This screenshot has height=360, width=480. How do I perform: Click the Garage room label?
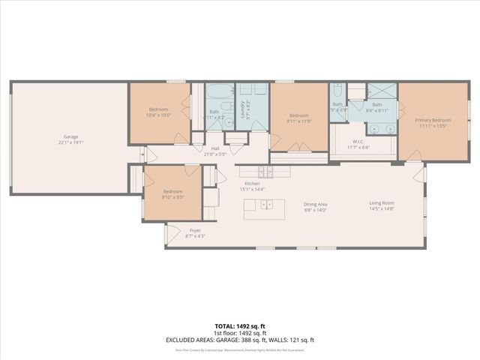[71, 136]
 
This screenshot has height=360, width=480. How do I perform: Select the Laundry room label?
[243, 110]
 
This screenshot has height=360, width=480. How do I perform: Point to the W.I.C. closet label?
[358, 142]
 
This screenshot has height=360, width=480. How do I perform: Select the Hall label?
[215, 148]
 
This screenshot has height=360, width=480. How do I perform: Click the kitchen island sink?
[267, 204]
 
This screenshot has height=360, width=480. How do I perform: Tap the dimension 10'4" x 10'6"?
[159, 115]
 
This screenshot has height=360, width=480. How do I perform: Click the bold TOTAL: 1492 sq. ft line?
[239, 326]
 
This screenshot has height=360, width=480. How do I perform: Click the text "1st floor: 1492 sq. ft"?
[239, 333]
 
